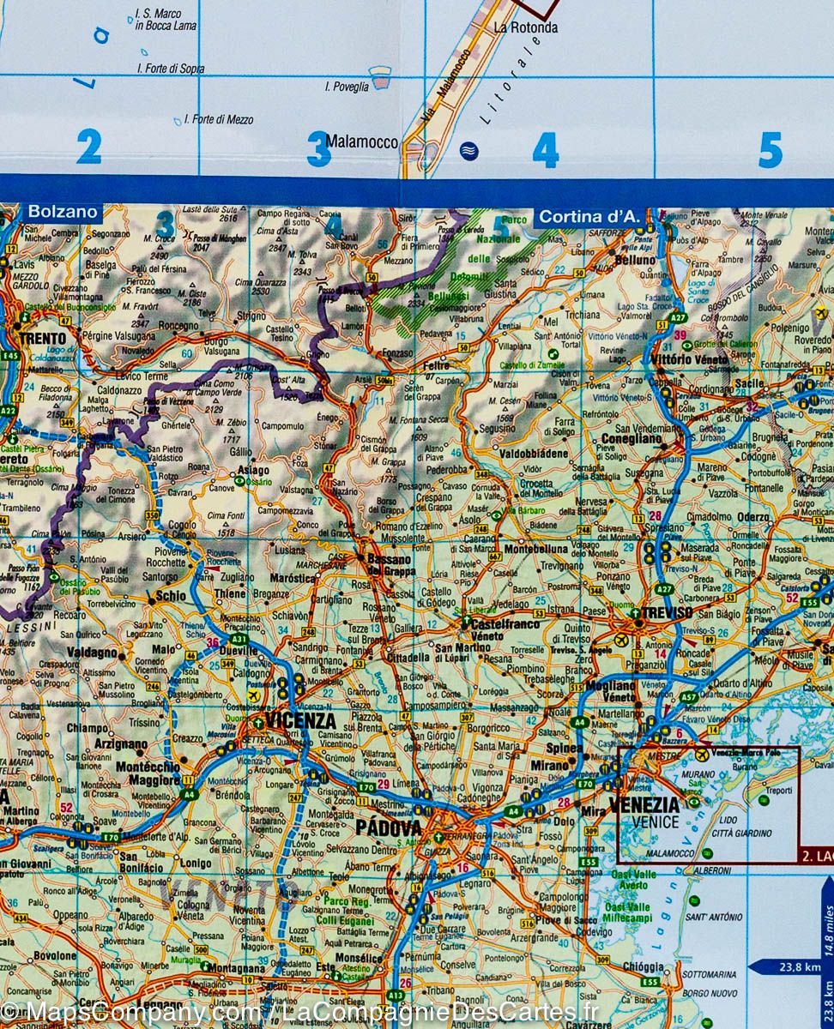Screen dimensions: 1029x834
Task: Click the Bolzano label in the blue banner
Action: [62, 212]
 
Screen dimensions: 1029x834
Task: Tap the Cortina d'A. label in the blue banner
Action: [589, 218]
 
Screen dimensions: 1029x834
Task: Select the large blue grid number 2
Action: [88, 147]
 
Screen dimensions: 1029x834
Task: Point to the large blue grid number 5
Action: [770, 150]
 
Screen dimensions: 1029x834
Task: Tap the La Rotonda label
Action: [525, 27]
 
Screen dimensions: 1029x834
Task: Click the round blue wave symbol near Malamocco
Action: [468, 151]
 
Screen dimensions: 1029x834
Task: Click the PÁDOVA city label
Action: [389, 828]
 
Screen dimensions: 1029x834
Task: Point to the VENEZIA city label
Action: [644, 805]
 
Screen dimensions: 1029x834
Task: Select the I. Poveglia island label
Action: [347, 87]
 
